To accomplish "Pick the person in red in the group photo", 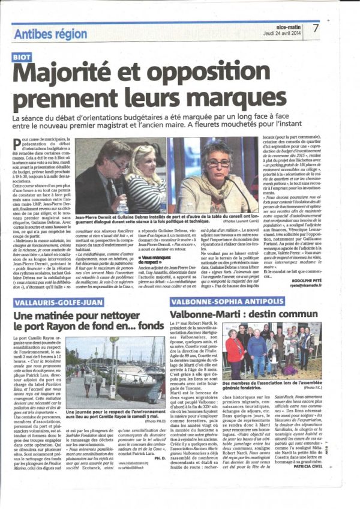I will (x=235, y=349).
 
